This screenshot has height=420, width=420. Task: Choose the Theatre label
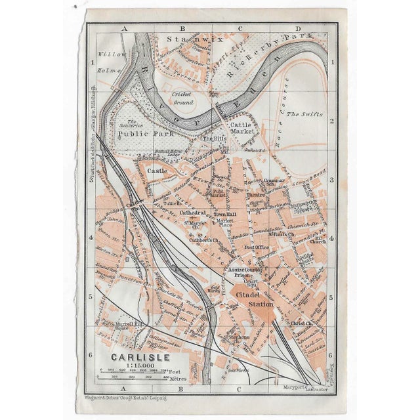tap(256, 195)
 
